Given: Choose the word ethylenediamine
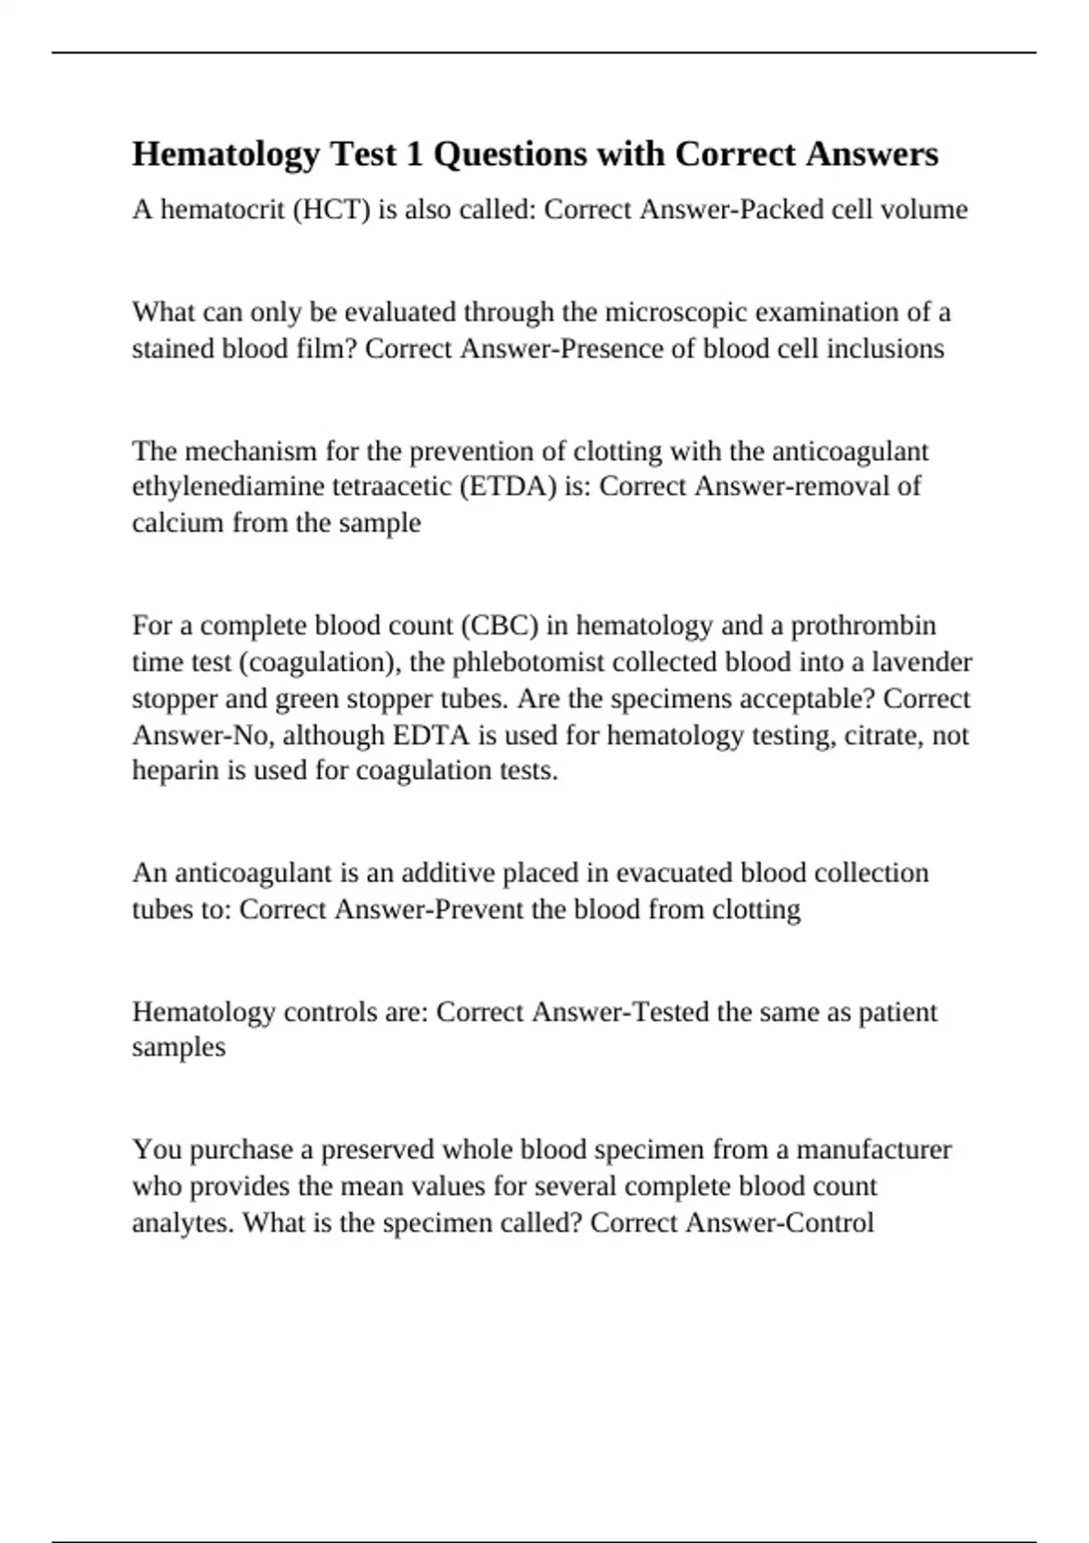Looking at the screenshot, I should (x=231, y=486).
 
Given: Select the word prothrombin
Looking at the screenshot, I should (x=863, y=625).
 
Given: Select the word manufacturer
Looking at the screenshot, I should (x=874, y=1150).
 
